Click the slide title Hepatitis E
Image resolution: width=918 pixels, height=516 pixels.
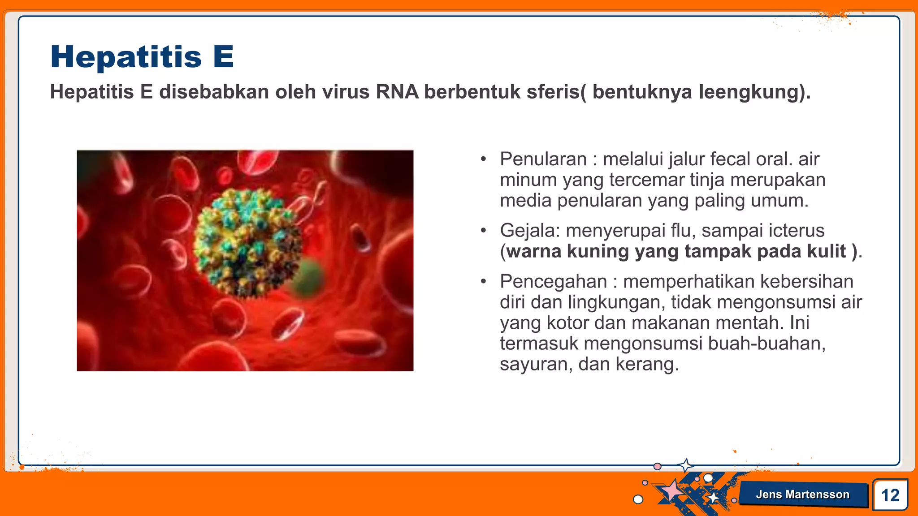click(x=142, y=57)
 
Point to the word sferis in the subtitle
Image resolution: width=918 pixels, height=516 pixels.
click(x=553, y=92)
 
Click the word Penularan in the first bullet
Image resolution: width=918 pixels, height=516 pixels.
click(x=543, y=159)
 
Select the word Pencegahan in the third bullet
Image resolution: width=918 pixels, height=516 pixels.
click(x=553, y=282)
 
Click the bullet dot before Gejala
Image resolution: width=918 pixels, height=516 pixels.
click(x=483, y=231)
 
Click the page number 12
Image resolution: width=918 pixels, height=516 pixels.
click(x=890, y=495)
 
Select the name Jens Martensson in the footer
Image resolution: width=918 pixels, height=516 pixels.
click(x=802, y=494)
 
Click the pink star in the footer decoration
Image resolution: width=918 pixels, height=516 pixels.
click(x=671, y=490)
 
